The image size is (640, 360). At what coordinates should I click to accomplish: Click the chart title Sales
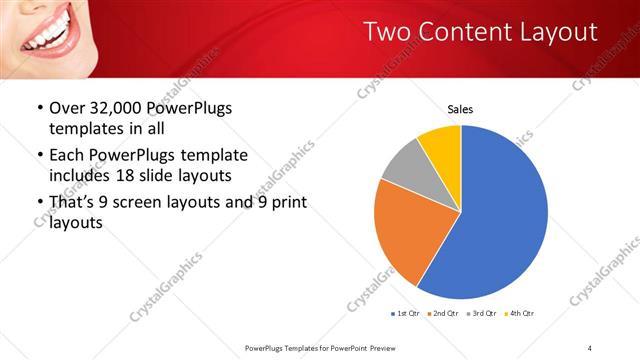click(x=460, y=109)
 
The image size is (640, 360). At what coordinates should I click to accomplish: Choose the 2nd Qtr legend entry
click(x=445, y=313)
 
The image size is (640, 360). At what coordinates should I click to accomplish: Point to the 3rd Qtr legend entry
click(x=484, y=313)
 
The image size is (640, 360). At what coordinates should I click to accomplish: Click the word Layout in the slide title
click(x=554, y=32)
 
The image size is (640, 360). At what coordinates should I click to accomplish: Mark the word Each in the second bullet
click(x=68, y=155)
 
